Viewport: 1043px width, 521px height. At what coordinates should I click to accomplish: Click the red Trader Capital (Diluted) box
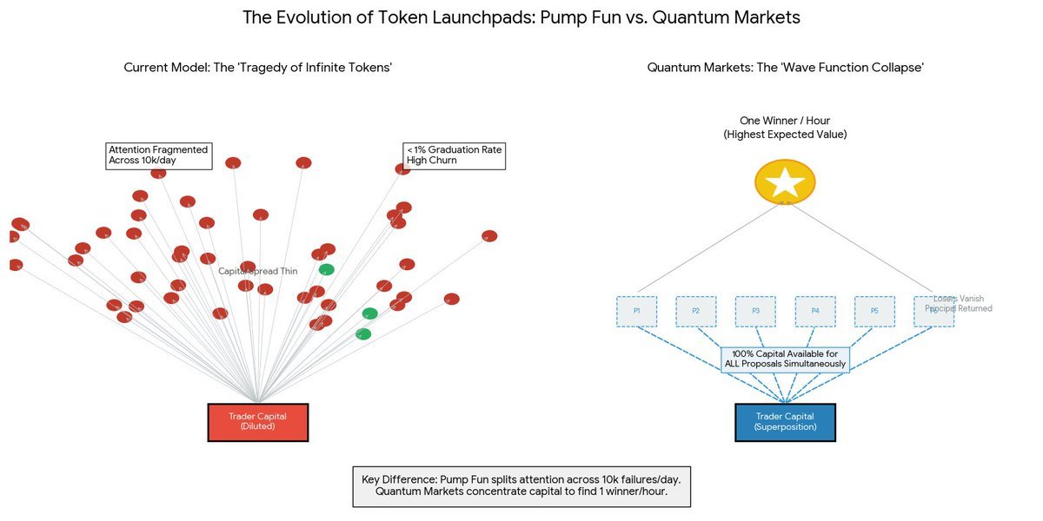(x=258, y=422)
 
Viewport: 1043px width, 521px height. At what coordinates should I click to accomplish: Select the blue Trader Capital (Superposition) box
(x=785, y=422)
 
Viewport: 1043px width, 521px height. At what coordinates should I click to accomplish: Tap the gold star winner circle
(x=785, y=182)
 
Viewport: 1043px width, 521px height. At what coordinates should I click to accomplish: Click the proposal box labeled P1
(x=637, y=311)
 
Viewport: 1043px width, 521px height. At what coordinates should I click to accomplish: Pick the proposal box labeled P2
(x=696, y=311)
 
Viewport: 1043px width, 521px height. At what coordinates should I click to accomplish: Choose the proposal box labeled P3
(x=755, y=311)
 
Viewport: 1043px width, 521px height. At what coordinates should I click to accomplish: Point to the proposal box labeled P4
(x=815, y=311)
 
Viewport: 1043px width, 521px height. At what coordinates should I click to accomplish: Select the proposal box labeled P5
(x=874, y=311)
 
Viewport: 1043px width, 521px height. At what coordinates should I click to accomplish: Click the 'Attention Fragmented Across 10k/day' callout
(x=158, y=155)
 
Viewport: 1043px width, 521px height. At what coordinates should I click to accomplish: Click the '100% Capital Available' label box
(x=785, y=359)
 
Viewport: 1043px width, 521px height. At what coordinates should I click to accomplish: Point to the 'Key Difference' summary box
(x=521, y=485)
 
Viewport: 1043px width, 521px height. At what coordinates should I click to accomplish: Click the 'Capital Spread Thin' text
(x=257, y=272)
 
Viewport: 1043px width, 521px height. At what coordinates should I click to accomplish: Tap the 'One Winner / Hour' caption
(x=785, y=128)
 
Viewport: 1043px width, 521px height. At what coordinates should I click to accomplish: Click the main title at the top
(x=521, y=17)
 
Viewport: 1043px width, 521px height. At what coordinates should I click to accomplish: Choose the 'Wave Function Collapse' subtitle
(x=785, y=68)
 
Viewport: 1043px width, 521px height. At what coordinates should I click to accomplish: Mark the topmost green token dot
(x=326, y=269)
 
